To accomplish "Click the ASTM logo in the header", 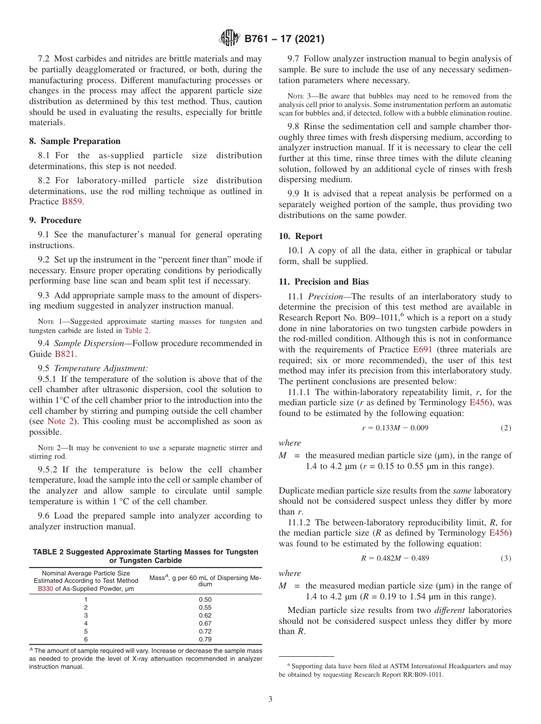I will [x=230, y=39].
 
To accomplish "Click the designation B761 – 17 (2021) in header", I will [x=284, y=39].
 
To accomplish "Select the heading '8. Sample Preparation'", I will [x=75, y=141].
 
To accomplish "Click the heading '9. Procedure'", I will [x=55, y=220].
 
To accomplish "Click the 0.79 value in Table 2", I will [x=205, y=639].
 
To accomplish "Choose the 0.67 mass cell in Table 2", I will [x=205, y=623].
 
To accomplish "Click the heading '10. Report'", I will [x=301, y=236].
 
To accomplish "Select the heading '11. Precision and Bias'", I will [x=323, y=281].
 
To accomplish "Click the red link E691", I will [x=422, y=349].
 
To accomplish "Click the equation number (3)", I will [x=506, y=558].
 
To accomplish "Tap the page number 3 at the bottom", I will [x=270, y=699].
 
